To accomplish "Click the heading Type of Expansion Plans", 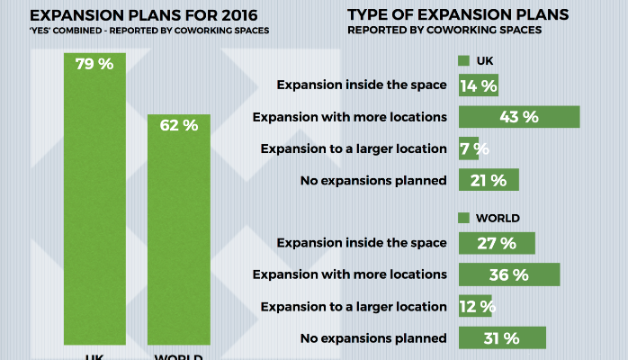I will pyautogui.click(x=457, y=15).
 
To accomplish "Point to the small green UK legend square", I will pyautogui.click(x=464, y=61).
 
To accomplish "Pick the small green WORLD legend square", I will pyautogui.click(x=464, y=218).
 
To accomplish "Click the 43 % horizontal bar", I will pyautogui.click(x=518, y=117).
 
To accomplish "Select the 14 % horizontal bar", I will pyautogui.click(x=478, y=85).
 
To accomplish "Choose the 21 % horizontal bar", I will pyautogui.click(x=489, y=180).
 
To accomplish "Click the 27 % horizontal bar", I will pyautogui.click(x=497, y=243).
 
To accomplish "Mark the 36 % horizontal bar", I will pyautogui.click(x=509, y=274).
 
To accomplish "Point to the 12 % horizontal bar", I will pyautogui.click(x=475, y=306).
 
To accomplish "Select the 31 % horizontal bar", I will pyautogui.click(x=502, y=338).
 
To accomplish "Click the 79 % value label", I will pyautogui.click(x=94, y=64).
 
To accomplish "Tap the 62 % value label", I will pyautogui.click(x=178, y=126).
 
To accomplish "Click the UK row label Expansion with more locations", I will pyautogui.click(x=350, y=117).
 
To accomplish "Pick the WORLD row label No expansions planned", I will pyautogui.click(x=372, y=338).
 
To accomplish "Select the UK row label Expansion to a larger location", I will pyautogui.click(x=353, y=148).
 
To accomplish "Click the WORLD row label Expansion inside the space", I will pyautogui.click(x=362, y=243).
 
